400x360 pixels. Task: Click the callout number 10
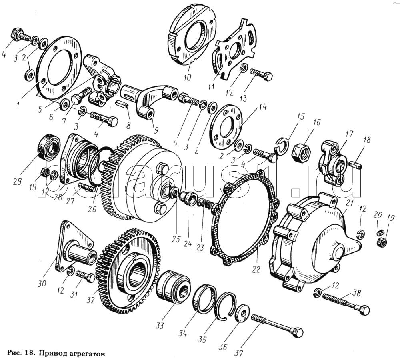(x=187, y=76)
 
